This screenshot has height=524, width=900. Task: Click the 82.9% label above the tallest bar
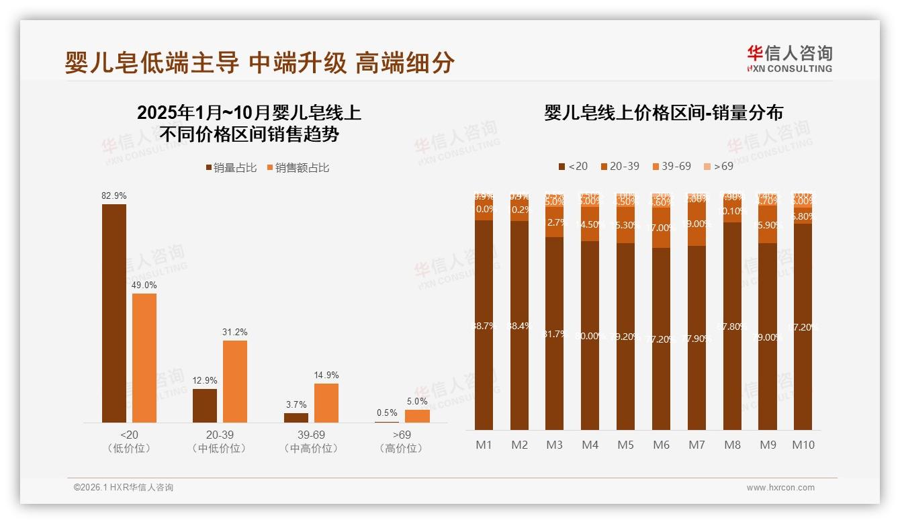pos(114,195)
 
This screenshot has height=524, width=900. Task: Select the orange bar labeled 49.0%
pos(144,357)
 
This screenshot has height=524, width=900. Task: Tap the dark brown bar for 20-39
pos(205,405)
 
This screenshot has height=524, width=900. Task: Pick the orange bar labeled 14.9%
pos(326,402)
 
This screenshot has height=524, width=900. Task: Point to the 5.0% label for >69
pos(417,401)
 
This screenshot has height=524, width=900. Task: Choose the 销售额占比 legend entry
pos(298,168)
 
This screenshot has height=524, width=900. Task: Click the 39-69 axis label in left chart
pos(311,435)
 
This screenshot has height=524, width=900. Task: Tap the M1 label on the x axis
pos(484,445)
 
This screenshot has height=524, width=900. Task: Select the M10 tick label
pos(803,445)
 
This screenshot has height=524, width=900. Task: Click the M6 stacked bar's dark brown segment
pos(662,339)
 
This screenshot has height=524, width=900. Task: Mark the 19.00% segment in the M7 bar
pos(697,224)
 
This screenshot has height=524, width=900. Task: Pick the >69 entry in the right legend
pos(719,166)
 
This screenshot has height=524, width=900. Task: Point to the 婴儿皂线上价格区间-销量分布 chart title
pos(663,112)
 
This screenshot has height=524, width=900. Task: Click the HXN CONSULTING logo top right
pos(789,58)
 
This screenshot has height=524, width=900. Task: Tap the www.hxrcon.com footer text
pos(780,488)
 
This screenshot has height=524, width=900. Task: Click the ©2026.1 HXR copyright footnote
pos(124,488)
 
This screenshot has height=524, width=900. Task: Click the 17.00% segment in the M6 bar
pos(662,228)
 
